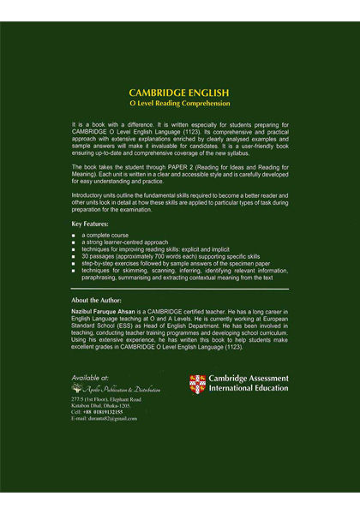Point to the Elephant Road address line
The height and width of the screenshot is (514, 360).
(x=106, y=399)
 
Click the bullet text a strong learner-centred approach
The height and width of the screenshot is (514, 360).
(x=125, y=242)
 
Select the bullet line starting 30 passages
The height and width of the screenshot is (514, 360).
(x=154, y=256)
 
